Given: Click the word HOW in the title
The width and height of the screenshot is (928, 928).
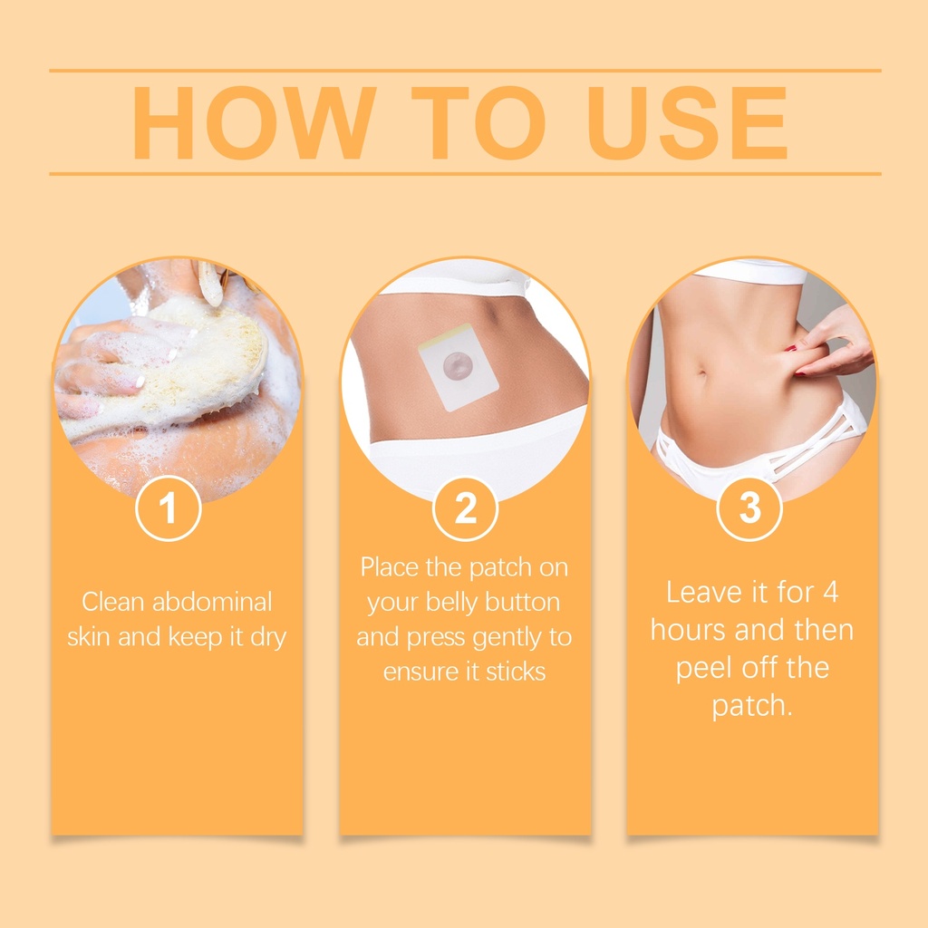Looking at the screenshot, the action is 255,123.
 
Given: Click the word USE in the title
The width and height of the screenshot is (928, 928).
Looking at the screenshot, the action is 687,123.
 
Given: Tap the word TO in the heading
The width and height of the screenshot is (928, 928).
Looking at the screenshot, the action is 478,123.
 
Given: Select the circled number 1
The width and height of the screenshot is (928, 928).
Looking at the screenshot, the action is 168,508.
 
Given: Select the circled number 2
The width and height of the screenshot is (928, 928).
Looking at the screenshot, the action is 465,508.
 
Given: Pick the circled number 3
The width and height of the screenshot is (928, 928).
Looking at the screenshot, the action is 749,508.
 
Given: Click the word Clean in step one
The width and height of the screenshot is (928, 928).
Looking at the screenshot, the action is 113,602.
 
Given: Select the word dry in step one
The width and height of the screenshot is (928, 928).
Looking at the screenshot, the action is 268,637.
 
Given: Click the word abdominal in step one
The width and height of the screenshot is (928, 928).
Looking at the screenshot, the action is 212,602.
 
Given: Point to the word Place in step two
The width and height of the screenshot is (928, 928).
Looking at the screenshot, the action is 390,567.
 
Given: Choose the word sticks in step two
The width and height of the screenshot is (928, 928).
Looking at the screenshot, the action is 516,672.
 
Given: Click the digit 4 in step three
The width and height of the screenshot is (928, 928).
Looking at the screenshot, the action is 831,593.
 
